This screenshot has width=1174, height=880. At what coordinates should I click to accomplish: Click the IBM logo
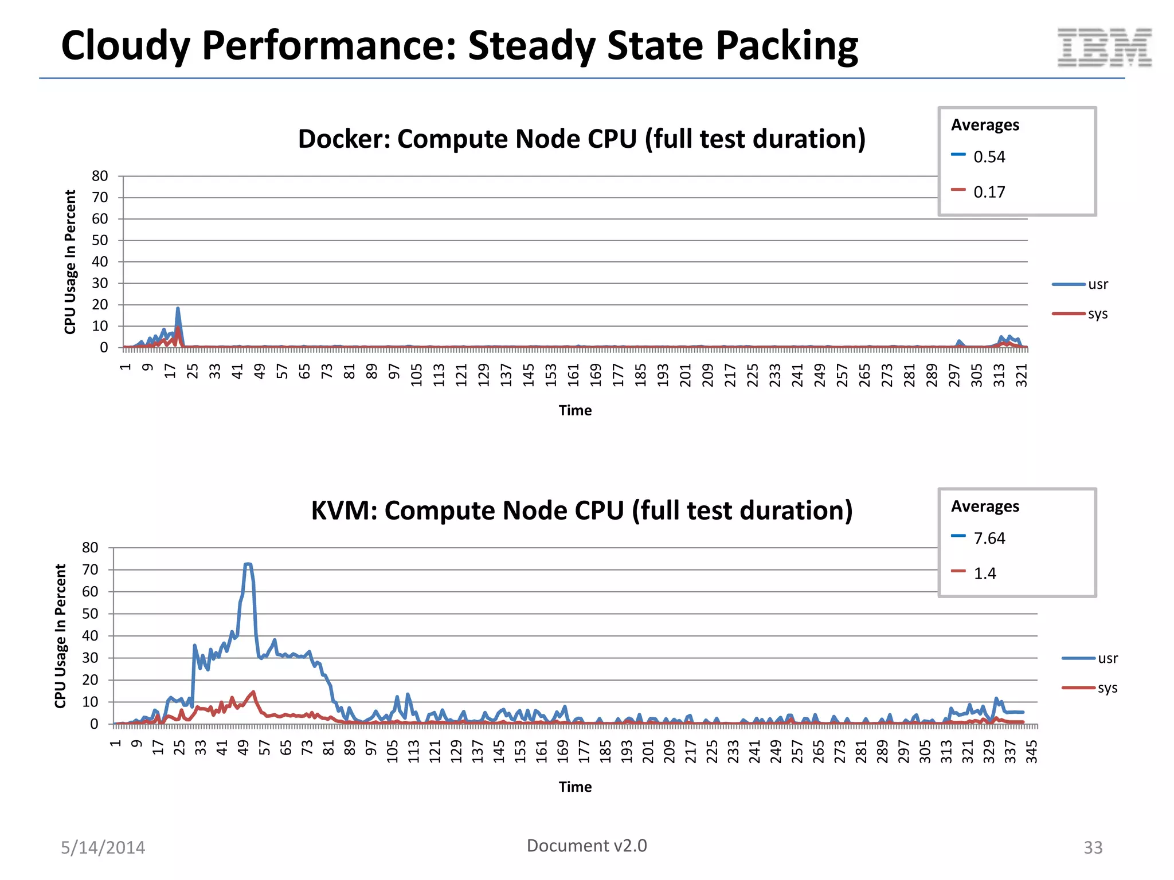1104,47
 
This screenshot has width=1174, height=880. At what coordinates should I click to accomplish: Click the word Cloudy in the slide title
125,46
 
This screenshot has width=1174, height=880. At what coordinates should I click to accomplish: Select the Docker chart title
581,139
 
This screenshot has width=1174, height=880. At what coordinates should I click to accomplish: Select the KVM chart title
581,510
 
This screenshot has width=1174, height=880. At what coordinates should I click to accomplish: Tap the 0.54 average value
989,157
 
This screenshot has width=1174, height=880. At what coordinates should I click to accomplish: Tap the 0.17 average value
989,192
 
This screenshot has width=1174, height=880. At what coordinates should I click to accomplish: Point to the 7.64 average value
989,539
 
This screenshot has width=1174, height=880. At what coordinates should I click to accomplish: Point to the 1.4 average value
985,573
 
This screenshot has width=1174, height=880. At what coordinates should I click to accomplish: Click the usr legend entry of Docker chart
1097,284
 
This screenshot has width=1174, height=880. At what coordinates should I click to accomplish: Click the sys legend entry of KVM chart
1107,687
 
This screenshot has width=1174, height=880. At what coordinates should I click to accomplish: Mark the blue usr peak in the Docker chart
178,309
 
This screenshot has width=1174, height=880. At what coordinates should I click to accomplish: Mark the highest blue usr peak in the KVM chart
248,564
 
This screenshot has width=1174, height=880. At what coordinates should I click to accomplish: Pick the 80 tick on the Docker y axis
100,176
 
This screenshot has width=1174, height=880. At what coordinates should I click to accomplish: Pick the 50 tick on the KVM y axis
90,614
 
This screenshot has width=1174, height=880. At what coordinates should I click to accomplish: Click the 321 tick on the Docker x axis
1022,375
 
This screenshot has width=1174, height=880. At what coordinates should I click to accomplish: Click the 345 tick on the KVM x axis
1031,752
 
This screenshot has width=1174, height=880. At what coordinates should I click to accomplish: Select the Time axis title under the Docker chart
575,410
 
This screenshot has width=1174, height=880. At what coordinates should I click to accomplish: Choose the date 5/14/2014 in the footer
103,847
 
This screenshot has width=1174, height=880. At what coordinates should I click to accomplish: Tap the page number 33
1093,847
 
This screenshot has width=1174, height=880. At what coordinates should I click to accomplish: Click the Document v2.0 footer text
586,846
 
